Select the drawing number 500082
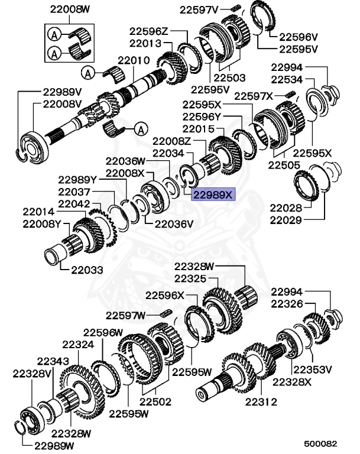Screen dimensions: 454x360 click(x=320, y=443)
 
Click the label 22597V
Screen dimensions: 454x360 click(x=198, y=10)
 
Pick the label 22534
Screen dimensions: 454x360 click(x=286, y=80)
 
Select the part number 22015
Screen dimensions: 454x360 click(x=197, y=129)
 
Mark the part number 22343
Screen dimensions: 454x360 click(x=53, y=361)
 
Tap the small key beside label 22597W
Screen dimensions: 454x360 click(x=167, y=312)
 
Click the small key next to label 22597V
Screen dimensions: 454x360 click(x=233, y=8)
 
